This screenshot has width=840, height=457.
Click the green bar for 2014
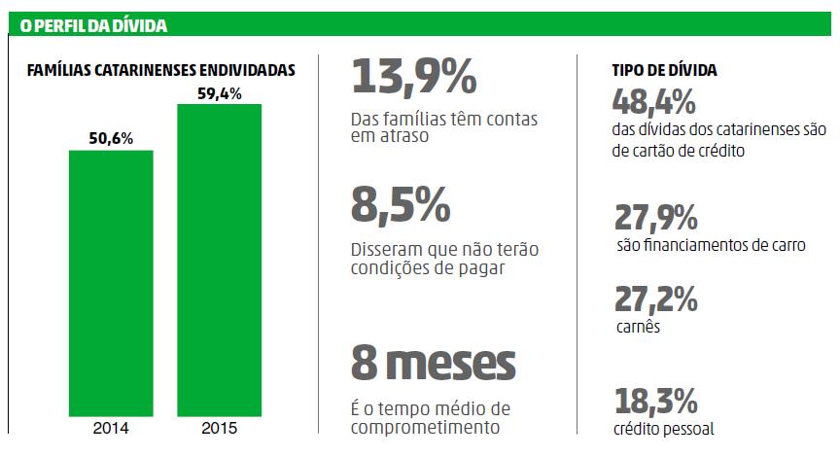[x=110, y=282]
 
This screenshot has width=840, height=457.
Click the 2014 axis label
[x=110, y=427]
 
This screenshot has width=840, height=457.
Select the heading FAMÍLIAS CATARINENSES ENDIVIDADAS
[x=161, y=71]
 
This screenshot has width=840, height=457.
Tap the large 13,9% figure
[x=414, y=77]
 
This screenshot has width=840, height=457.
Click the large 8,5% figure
[x=401, y=205]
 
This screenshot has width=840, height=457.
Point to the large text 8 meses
[x=433, y=364]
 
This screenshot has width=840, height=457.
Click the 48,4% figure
[x=654, y=100]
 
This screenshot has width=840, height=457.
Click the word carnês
[x=639, y=327]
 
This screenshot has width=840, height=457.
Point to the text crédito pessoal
[x=664, y=429]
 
